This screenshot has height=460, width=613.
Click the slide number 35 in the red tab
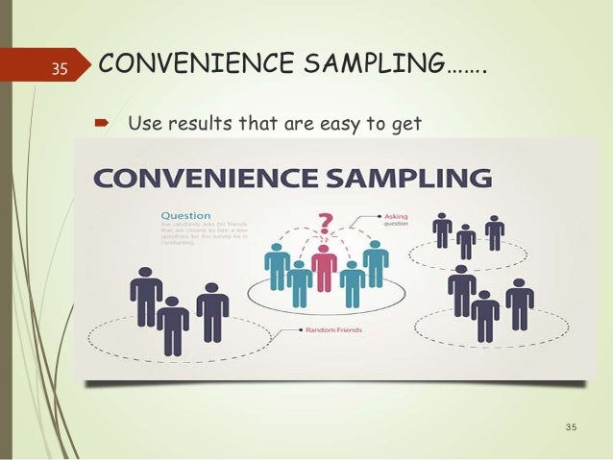click(58, 67)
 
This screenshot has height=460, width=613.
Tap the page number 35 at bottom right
click(574, 425)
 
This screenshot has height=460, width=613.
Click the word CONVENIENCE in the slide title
click(187, 65)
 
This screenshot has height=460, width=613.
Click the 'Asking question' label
click(395, 220)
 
